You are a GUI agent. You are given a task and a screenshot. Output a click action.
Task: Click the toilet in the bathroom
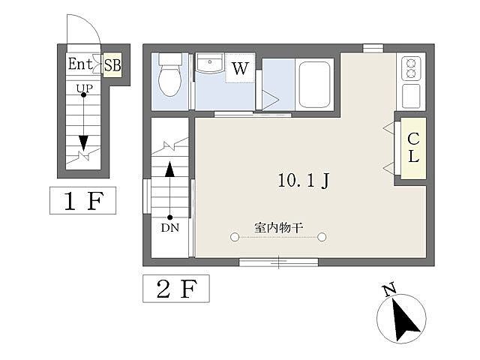tap(170, 75)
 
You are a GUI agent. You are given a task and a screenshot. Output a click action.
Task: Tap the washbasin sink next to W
tap(210, 63)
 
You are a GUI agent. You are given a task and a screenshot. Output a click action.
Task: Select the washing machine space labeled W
tap(240, 68)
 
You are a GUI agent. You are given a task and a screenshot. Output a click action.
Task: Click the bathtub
tap(314, 84)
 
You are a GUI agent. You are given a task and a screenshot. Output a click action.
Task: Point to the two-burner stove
tap(411, 68)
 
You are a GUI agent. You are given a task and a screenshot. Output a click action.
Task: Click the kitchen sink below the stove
tap(411, 96)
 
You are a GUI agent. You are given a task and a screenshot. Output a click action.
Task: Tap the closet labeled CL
tap(413, 148)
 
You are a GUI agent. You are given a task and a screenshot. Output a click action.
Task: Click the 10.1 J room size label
tap(304, 180)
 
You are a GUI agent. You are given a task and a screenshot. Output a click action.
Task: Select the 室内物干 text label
tap(278, 228)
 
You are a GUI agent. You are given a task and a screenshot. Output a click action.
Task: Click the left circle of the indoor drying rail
tap(235, 237)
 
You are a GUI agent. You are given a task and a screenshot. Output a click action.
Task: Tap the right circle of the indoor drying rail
tap(322, 237)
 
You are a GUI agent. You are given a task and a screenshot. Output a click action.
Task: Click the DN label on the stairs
tap(170, 228)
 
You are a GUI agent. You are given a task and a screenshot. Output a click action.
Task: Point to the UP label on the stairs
tap(85, 88)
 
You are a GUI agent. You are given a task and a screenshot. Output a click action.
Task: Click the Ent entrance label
tap(80, 64)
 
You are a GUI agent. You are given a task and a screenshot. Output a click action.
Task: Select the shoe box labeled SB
tap(112, 65)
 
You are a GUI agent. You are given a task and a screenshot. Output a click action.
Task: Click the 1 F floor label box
tap(83, 200)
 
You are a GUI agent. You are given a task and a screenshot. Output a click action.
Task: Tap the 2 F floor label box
tap(176, 289)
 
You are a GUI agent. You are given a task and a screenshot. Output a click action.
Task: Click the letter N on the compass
tap(390, 290)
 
